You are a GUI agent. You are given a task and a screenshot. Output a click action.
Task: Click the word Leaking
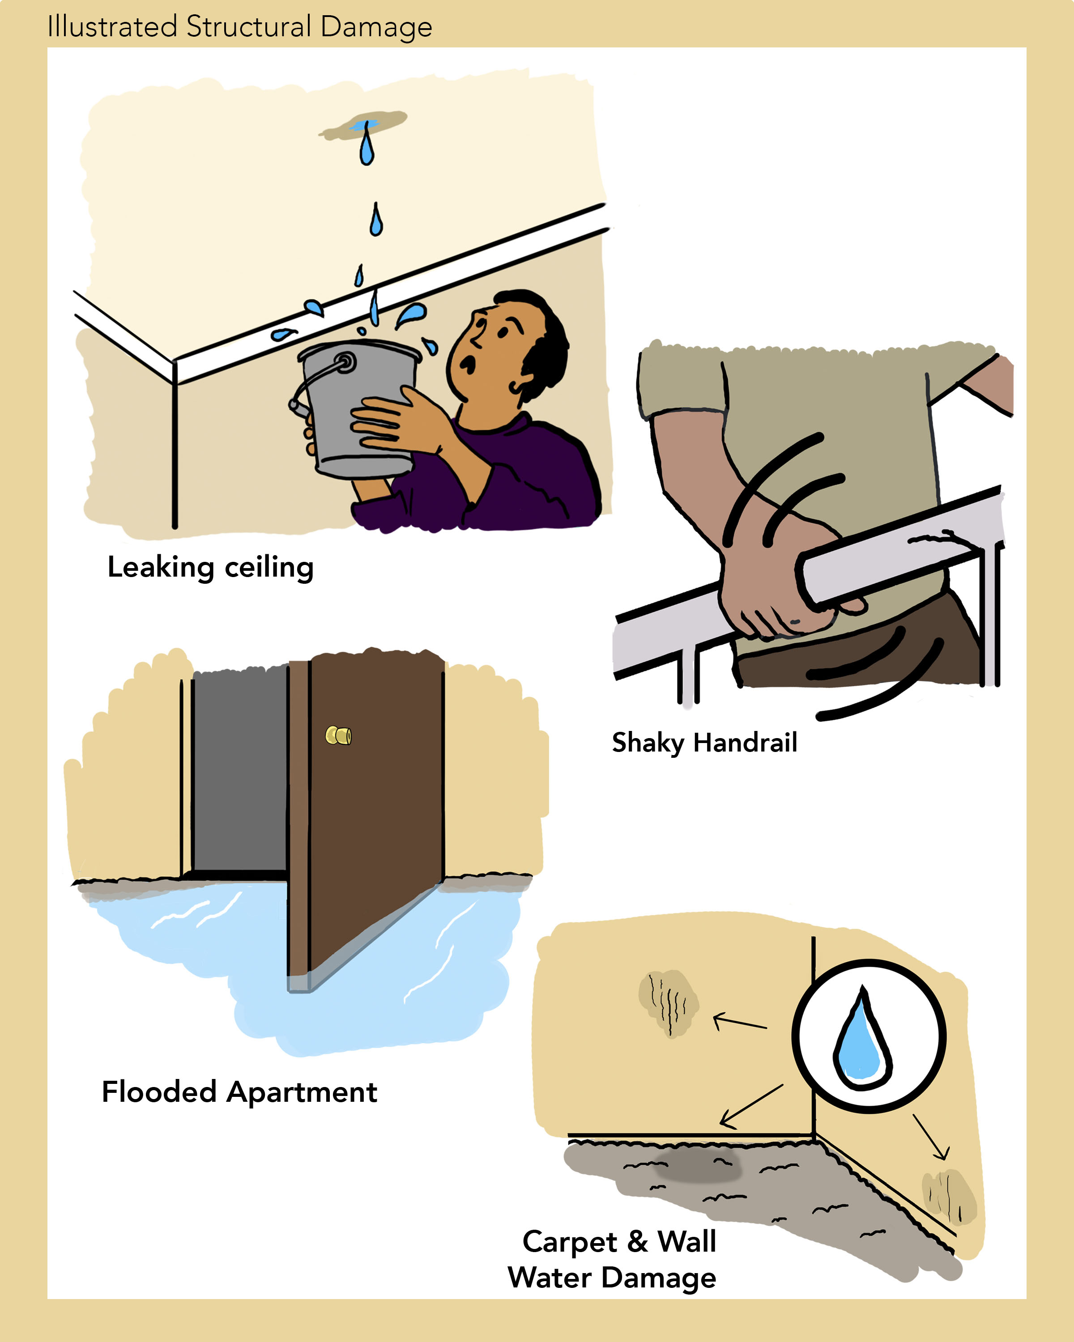click(161, 568)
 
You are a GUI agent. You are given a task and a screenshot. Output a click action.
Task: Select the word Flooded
click(159, 1092)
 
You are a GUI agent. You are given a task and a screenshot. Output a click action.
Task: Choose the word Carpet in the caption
click(569, 1242)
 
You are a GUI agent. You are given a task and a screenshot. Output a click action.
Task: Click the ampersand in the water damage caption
click(637, 1241)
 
